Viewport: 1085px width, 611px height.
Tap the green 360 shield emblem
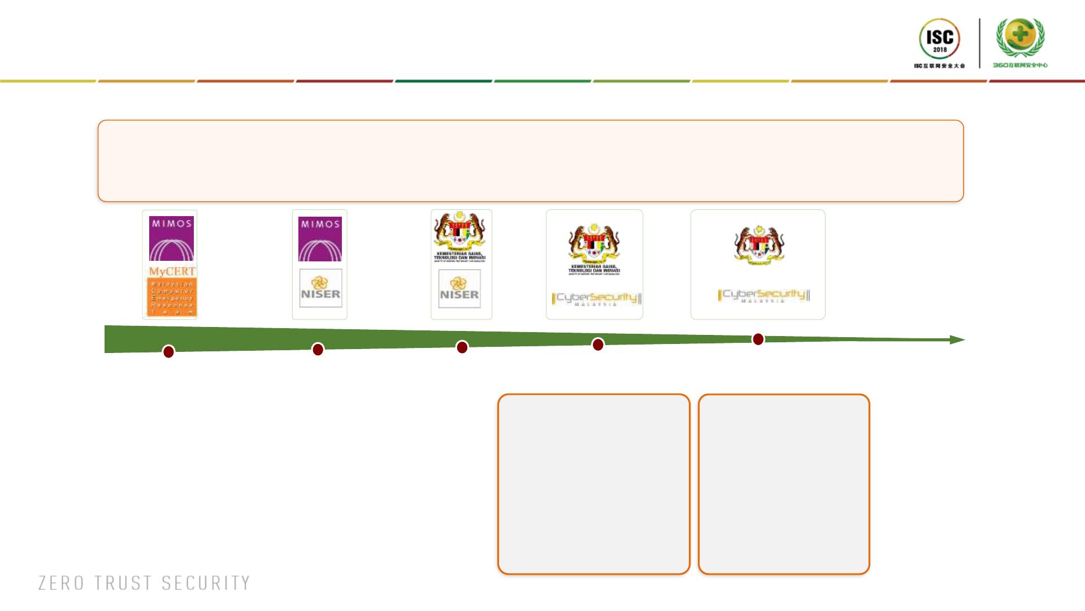pyautogui.click(x=1020, y=37)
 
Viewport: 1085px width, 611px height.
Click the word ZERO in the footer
pyautogui.click(x=61, y=583)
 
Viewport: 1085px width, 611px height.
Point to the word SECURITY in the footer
pyautogui.click(x=206, y=583)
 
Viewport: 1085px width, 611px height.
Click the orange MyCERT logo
pyautogui.click(x=172, y=290)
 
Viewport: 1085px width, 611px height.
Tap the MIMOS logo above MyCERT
pyautogui.click(x=171, y=238)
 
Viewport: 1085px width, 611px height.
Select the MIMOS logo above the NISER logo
pyautogui.click(x=320, y=239)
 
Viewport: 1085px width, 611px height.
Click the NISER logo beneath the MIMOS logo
pyautogui.click(x=320, y=289)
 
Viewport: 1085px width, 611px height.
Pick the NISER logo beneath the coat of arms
pyautogui.click(x=459, y=289)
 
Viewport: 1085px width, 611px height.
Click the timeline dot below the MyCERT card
pyautogui.click(x=168, y=352)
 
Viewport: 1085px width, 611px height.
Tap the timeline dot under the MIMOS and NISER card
pyautogui.click(x=318, y=350)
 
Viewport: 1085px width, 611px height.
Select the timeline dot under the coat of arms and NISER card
pyautogui.click(x=462, y=347)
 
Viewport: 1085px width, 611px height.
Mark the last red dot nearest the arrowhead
pyautogui.click(x=758, y=339)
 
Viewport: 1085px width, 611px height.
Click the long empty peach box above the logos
pyautogui.click(x=531, y=161)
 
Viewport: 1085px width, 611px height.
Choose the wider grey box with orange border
pyautogui.click(x=593, y=484)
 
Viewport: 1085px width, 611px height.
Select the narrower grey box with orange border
pyautogui.click(x=784, y=484)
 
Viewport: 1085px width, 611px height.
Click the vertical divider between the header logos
pyautogui.click(x=980, y=43)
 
